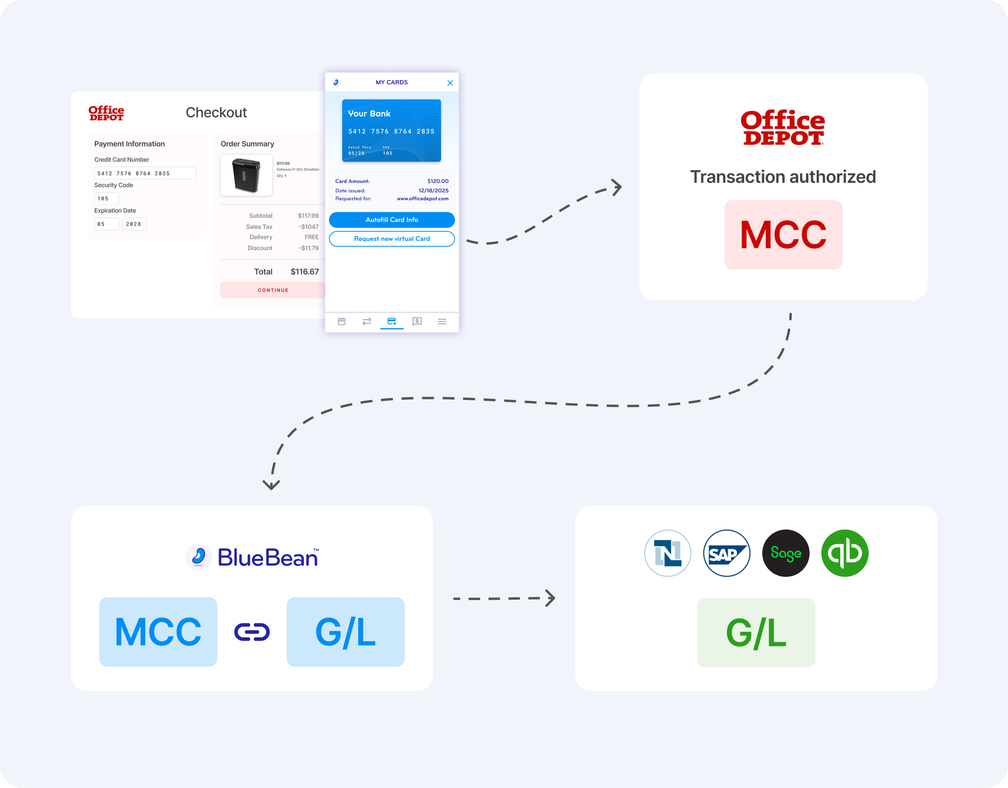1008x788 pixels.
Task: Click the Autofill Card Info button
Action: click(392, 220)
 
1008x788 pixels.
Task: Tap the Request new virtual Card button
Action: click(392, 239)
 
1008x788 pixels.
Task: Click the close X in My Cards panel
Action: click(450, 83)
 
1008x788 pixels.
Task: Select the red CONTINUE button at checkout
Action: click(273, 290)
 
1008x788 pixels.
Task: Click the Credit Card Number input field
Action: click(145, 173)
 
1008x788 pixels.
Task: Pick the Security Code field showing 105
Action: click(106, 199)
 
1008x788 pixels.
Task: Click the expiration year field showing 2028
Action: click(134, 224)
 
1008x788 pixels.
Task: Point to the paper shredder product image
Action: click(246, 175)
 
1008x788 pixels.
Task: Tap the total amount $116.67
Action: click(304, 272)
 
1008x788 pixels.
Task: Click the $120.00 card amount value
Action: click(437, 181)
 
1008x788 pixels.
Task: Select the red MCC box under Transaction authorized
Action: click(783, 235)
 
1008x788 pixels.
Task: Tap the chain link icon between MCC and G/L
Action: click(252, 632)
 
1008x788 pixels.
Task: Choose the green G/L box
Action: click(756, 632)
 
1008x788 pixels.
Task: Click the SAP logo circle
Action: click(727, 553)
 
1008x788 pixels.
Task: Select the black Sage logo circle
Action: click(785, 553)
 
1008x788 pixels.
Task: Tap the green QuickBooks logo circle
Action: click(845, 553)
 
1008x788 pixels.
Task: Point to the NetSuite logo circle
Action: click(667, 553)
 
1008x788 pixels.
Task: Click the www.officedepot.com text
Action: click(422, 199)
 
